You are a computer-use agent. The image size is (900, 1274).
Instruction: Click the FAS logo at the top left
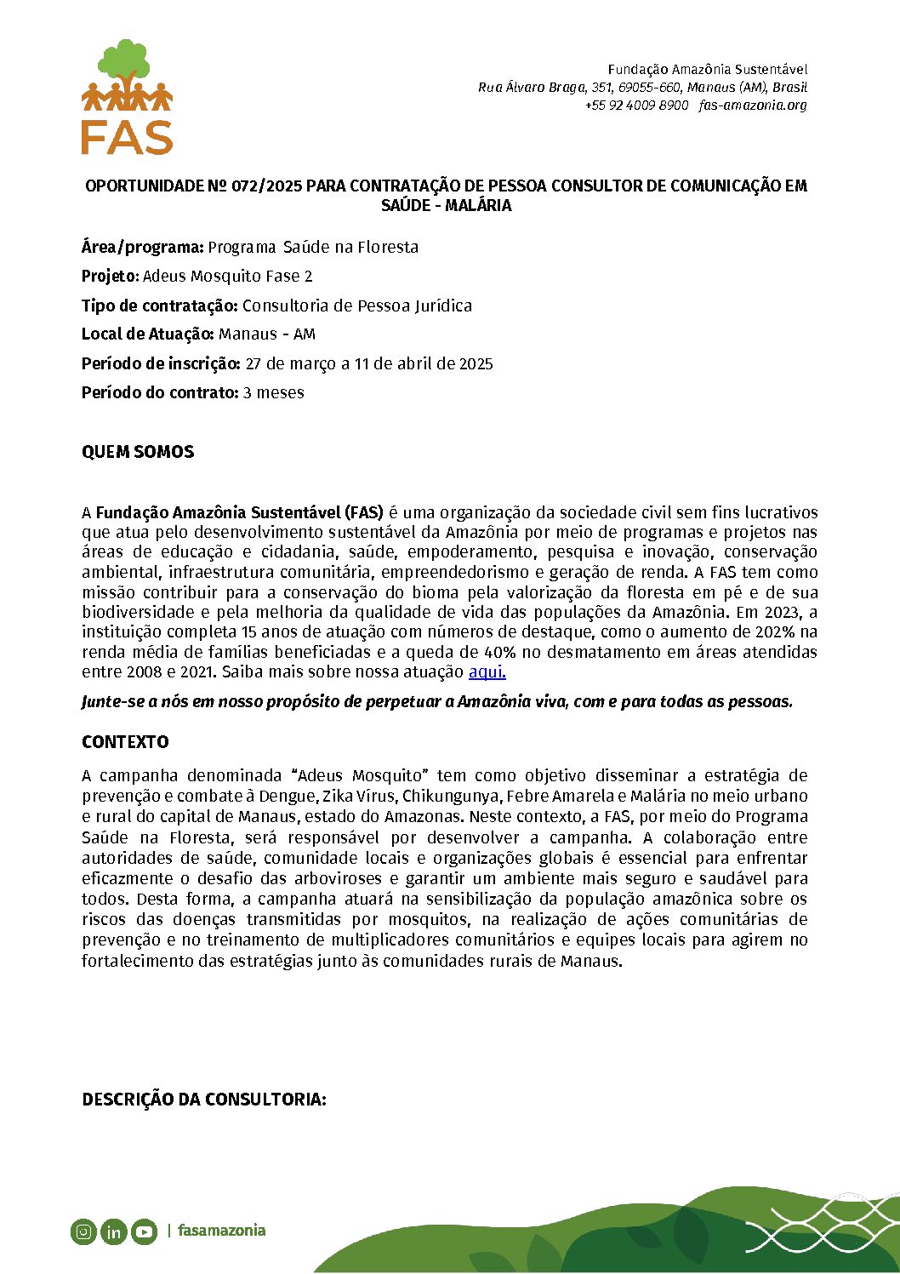click(x=127, y=98)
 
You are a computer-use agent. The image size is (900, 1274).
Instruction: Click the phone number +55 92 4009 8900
click(x=636, y=106)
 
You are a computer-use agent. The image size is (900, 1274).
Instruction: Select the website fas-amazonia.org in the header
click(x=753, y=106)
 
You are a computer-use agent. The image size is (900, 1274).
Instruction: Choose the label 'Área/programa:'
click(x=142, y=248)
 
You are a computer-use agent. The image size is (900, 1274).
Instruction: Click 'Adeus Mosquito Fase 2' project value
click(x=228, y=277)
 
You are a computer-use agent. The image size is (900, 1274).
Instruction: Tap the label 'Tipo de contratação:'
click(x=159, y=306)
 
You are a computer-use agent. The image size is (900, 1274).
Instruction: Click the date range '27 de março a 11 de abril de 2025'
click(x=369, y=364)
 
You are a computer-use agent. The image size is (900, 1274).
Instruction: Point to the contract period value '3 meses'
click(x=273, y=393)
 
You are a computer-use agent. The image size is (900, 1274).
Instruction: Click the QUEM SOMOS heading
click(x=138, y=453)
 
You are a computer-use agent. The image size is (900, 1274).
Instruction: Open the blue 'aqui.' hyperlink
click(x=487, y=672)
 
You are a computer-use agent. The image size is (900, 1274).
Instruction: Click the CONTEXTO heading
click(x=125, y=742)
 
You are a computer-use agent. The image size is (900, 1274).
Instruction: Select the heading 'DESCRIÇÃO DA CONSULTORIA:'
click(x=204, y=1100)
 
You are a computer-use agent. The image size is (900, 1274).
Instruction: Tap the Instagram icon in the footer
click(x=83, y=1231)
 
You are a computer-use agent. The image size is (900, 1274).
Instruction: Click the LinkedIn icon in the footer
click(x=113, y=1231)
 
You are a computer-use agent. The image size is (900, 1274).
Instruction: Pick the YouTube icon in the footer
click(x=144, y=1231)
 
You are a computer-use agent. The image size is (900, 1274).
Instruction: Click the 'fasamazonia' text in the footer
click(x=221, y=1231)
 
